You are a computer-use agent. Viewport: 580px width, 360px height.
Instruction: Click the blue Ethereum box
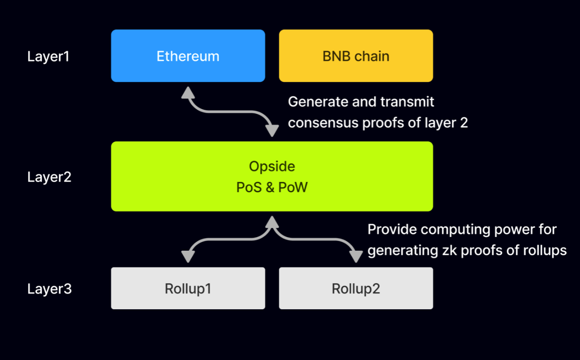188,56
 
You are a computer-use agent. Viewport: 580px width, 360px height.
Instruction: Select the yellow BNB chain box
356,56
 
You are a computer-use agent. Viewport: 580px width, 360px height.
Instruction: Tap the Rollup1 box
188,289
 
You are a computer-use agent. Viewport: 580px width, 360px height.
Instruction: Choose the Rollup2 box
356,289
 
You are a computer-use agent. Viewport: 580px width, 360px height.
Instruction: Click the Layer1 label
49,57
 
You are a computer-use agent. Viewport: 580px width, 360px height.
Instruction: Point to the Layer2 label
49,177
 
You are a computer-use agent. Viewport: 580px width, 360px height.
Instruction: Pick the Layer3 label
49,289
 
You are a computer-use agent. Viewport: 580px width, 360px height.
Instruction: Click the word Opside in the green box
272,167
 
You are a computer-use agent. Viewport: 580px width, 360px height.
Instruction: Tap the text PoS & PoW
272,187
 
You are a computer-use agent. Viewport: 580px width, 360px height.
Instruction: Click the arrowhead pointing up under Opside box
272,222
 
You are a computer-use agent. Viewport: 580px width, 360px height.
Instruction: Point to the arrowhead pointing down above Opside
272,130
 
